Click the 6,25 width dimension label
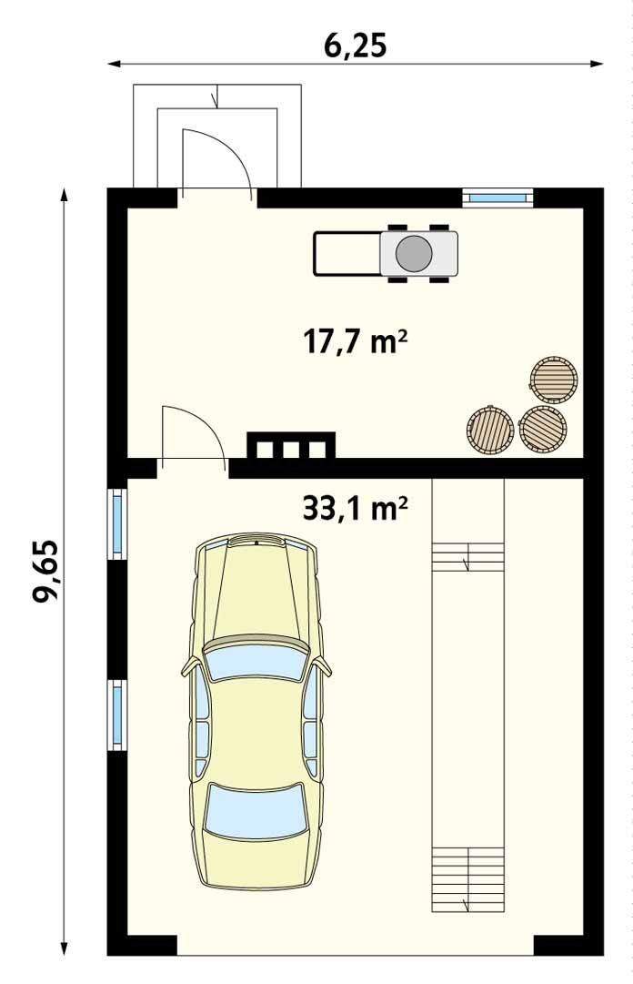click(355, 46)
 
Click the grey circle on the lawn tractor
click(414, 254)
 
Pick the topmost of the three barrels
click(553, 380)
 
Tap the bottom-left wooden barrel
click(490, 430)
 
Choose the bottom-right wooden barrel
click(543, 429)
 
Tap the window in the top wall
click(497, 198)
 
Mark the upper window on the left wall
click(117, 522)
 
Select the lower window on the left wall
click(117, 715)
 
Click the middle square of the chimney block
click(291, 450)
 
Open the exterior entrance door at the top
click(216, 163)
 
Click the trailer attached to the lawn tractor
click(347, 254)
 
